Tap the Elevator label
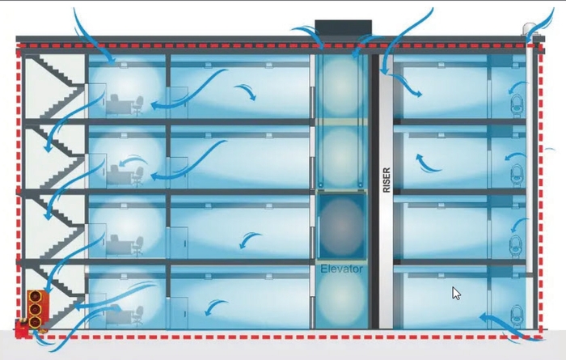coord(342,268)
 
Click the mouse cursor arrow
coord(456,293)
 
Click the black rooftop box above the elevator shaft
coord(342,27)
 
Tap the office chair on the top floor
coord(138,104)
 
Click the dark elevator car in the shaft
coord(342,224)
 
